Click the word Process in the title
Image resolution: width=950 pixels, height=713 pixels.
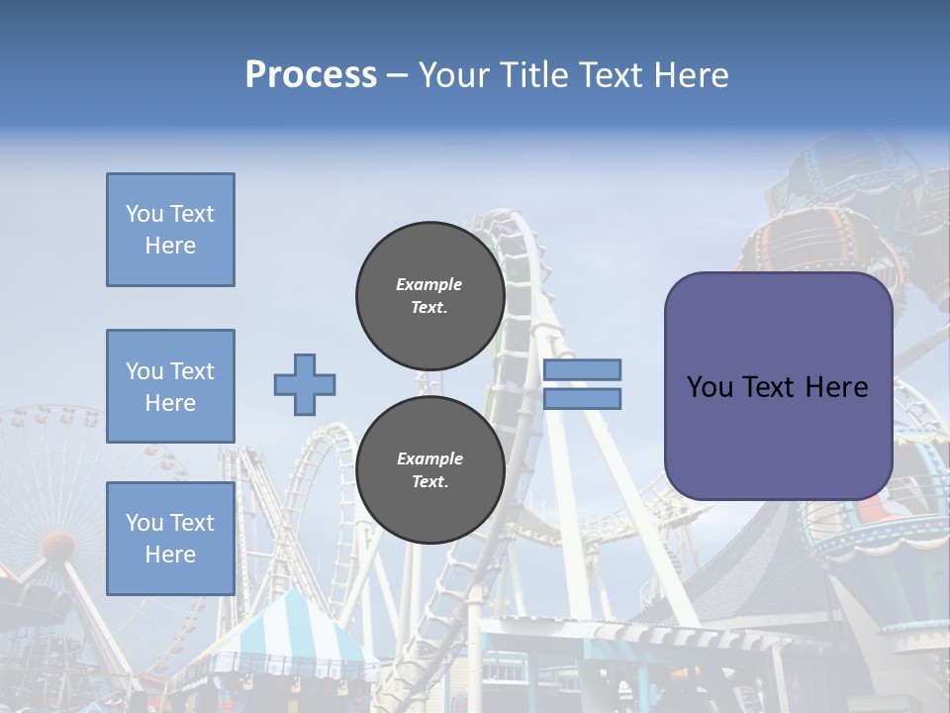[x=311, y=75]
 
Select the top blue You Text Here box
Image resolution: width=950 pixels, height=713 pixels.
[x=170, y=230]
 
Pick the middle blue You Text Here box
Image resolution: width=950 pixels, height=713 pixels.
[x=170, y=386]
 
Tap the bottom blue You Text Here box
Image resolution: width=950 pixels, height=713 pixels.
[x=170, y=539]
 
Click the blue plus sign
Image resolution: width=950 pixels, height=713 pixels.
[x=305, y=384]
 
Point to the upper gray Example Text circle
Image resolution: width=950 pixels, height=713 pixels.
[x=429, y=296]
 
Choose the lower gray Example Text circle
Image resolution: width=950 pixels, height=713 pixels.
[x=429, y=470]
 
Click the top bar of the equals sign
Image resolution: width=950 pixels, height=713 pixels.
[x=582, y=370]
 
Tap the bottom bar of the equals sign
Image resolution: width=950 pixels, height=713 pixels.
[x=582, y=398]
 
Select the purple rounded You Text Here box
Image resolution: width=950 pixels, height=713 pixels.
[x=778, y=386]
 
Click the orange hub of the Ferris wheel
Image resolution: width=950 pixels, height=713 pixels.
[x=58, y=546]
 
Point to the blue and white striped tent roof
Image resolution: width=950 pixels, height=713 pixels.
[x=287, y=634]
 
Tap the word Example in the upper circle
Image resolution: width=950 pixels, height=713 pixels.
[x=429, y=284]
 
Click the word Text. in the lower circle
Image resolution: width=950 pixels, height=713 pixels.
[x=429, y=482]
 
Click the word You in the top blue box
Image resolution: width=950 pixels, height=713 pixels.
[x=144, y=214]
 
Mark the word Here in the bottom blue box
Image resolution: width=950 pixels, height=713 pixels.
[x=170, y=555]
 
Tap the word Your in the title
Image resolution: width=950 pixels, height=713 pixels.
[x=454, y=75]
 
